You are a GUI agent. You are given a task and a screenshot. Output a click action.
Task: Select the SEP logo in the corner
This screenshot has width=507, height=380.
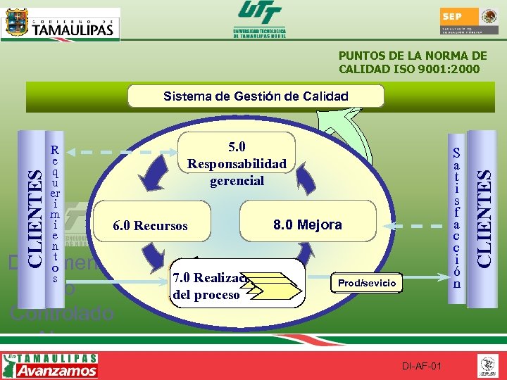469,24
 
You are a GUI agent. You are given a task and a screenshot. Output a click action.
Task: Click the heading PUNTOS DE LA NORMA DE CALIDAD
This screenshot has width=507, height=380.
413,63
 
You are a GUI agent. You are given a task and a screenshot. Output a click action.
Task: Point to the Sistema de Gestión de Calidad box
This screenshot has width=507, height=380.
256,96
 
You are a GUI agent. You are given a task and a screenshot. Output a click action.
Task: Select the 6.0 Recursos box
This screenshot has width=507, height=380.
151,226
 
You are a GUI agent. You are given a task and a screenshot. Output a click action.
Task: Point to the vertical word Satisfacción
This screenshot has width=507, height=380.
457,218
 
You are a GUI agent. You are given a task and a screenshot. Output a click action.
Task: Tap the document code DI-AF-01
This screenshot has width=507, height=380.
422,367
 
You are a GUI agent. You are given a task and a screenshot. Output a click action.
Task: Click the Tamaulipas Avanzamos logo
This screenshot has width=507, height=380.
51,365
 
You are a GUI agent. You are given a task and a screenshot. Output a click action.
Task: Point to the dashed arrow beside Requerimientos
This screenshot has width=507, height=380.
120,151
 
